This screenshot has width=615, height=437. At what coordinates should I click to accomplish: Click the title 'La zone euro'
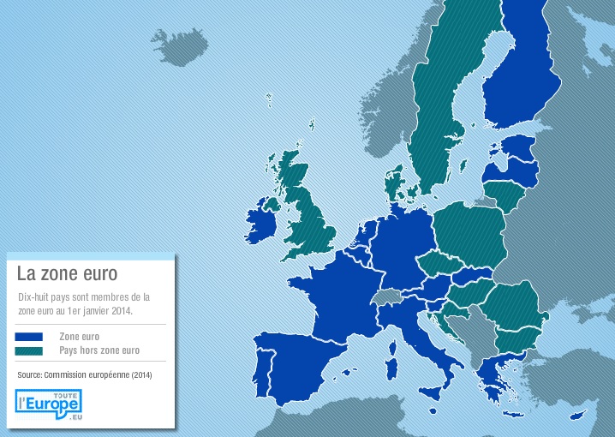tap(67, 273)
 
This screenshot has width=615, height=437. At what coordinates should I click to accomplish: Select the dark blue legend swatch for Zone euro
tap(29, 338)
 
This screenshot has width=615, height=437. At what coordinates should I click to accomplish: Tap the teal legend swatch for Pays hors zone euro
tap(29, 351)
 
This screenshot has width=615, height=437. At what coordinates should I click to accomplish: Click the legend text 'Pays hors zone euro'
tap(99, 351)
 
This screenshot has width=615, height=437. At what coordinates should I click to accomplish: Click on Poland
tap(469, 236)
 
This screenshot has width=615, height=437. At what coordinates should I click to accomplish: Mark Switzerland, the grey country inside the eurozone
tap(387, 297)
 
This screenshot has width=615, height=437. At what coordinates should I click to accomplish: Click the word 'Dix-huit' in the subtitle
tap(33, 296)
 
